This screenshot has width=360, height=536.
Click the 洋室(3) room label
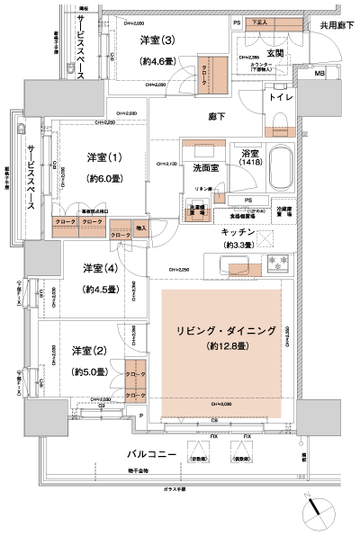157,41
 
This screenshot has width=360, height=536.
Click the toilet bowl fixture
278,121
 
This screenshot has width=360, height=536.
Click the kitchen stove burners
272,264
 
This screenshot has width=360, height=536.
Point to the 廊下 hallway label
217,115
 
